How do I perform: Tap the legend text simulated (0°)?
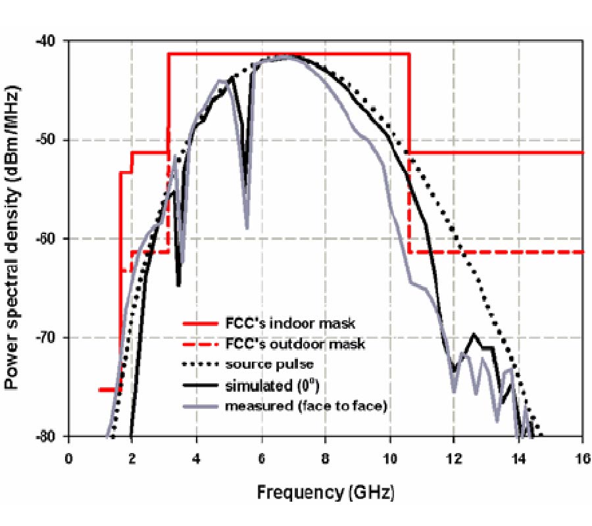(270, 385)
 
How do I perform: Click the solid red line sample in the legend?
(200, 323)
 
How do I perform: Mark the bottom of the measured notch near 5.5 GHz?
(247, 228)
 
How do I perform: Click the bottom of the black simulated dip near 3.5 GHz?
(178, 285)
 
